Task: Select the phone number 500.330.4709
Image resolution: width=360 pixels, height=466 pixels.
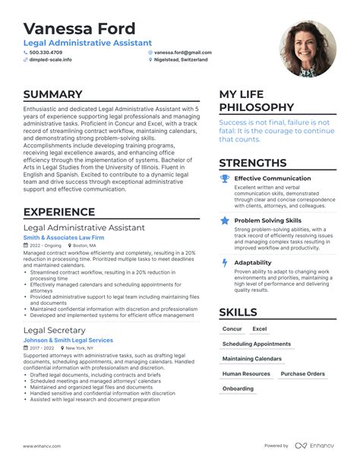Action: [x=47, y=52]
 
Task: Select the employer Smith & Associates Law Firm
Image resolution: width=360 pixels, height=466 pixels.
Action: [x=63, y=237]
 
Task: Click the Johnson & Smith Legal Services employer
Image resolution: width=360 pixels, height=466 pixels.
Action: [x=68, y=340]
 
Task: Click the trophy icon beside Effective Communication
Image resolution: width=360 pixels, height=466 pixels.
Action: [x=225, y=179]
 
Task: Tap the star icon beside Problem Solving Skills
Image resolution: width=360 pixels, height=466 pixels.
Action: [x=225, y=220]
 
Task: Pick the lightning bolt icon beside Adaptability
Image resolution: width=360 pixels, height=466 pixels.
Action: [x=225, y=262]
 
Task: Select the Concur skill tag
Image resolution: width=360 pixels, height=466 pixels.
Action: [x=232, y=329]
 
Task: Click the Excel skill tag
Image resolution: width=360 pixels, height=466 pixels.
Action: [x=260, y=329]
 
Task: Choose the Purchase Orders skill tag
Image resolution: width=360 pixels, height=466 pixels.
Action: [x=302, y=374]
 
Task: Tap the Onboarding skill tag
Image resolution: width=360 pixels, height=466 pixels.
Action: [x=238, y=388]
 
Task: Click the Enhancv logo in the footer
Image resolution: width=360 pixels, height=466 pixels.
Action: [x=315, y=445]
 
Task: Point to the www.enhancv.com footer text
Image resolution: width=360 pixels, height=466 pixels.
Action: [x=43, y=446]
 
